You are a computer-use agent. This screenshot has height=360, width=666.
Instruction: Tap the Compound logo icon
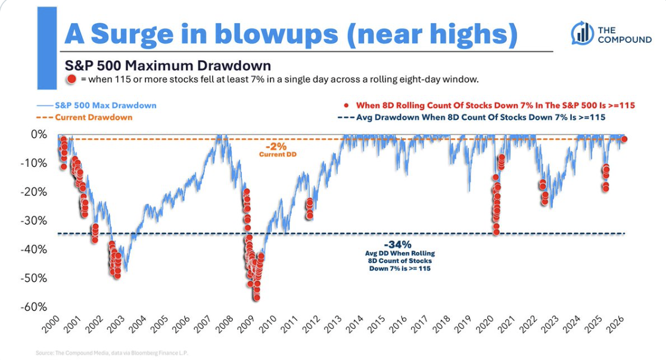coord(582,33)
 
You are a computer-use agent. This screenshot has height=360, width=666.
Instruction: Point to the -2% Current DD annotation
coord(278,150)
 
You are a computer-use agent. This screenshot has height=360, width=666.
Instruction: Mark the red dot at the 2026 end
coord(624,139)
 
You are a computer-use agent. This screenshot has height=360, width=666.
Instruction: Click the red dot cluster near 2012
coord(309,208)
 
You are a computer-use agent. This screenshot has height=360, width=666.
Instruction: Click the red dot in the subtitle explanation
coord(71,79)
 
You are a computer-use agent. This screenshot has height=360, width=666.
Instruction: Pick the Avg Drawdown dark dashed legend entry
coord(471,117)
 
